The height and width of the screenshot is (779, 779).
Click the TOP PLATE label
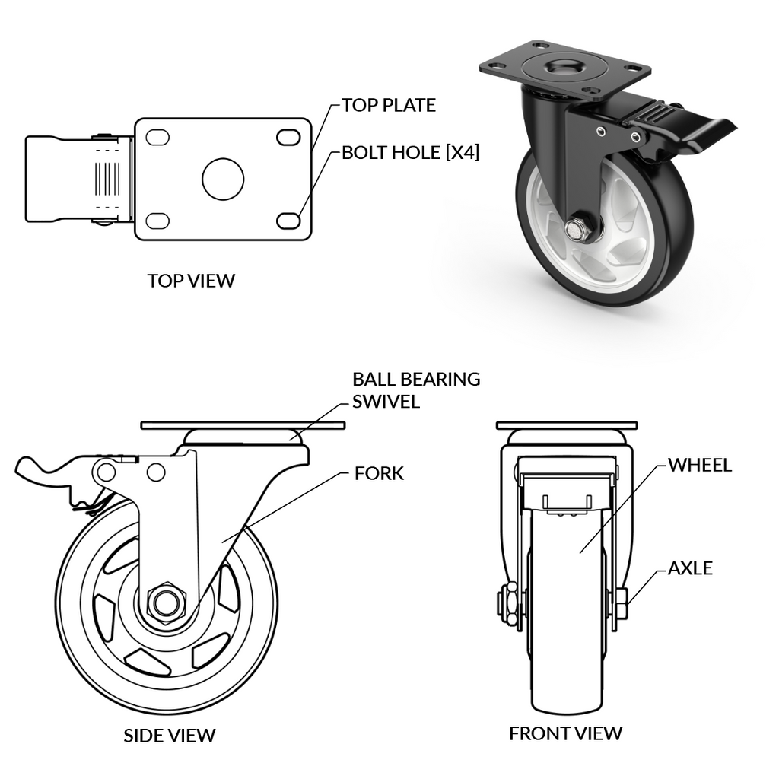388,105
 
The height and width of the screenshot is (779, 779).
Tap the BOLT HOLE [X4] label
410,152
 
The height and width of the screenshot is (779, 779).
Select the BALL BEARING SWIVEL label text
415,389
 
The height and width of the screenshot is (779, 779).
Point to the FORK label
379,474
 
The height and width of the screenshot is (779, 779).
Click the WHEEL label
699,465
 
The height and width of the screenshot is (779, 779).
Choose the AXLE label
690,568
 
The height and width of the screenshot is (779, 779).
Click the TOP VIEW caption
191,281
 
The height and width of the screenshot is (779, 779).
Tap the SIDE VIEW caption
169,736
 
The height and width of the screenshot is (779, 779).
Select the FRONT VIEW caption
565,733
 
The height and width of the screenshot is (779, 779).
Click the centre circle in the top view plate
223,179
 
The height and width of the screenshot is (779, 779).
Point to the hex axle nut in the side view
162,603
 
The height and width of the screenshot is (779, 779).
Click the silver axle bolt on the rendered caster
576,226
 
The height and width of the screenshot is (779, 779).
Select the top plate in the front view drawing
566,424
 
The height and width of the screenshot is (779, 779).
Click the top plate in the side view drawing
243,424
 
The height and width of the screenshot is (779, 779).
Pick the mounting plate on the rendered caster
564,67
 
